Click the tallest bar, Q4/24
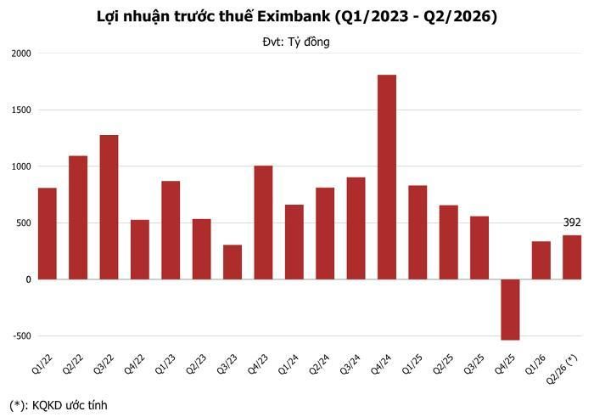pos(387,177)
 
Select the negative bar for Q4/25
pos(510,310)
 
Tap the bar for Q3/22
pos(109,207)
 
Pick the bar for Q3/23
pos(233,262)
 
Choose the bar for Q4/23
pos(263,223)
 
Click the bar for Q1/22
pos(48,234)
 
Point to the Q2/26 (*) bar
pos(572,257)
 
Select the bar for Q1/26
pos(541,261)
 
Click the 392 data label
pos(572,223)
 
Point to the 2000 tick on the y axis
pos(21,54)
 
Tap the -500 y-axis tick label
pos(21,336)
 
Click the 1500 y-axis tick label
pos(21,110)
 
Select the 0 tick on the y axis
pos(28,279)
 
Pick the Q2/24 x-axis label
pos(318,364)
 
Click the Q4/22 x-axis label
pos(133,364)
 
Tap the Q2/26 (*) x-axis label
pos(562,369)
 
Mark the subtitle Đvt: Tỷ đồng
pos(296,42)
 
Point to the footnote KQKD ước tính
pos(70,405)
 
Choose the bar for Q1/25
pos(417,233)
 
